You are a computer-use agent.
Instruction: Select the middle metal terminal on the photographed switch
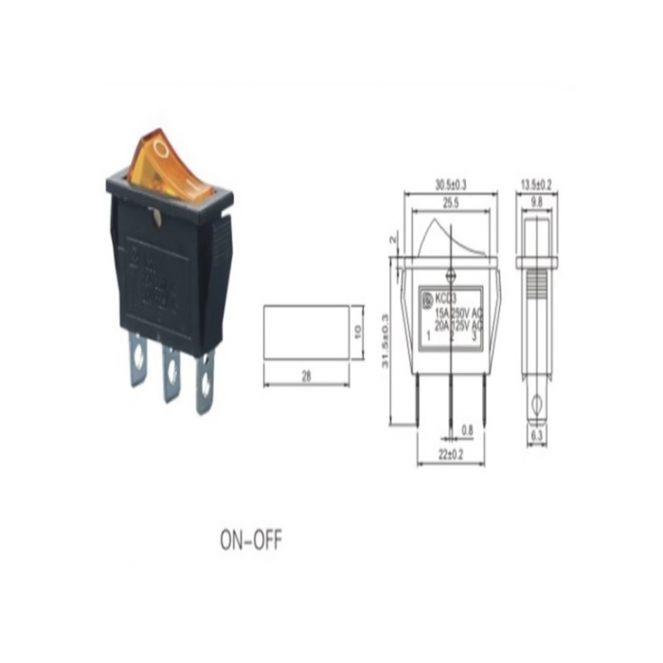[x=171, y=372]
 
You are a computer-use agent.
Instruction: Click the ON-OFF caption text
[x=251, y=540]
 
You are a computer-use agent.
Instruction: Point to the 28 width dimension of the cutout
[x=306, y=377]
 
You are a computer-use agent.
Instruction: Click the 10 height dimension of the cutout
[x=359, y=332]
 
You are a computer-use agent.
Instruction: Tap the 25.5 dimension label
[x=450, y=202]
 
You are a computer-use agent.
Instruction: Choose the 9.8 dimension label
[x=537, y=202]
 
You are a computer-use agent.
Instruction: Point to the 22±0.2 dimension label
[x=450, y=455]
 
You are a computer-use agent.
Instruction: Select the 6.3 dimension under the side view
[x=537, y=436]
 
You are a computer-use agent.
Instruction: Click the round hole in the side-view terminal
[x=537, y=401]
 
